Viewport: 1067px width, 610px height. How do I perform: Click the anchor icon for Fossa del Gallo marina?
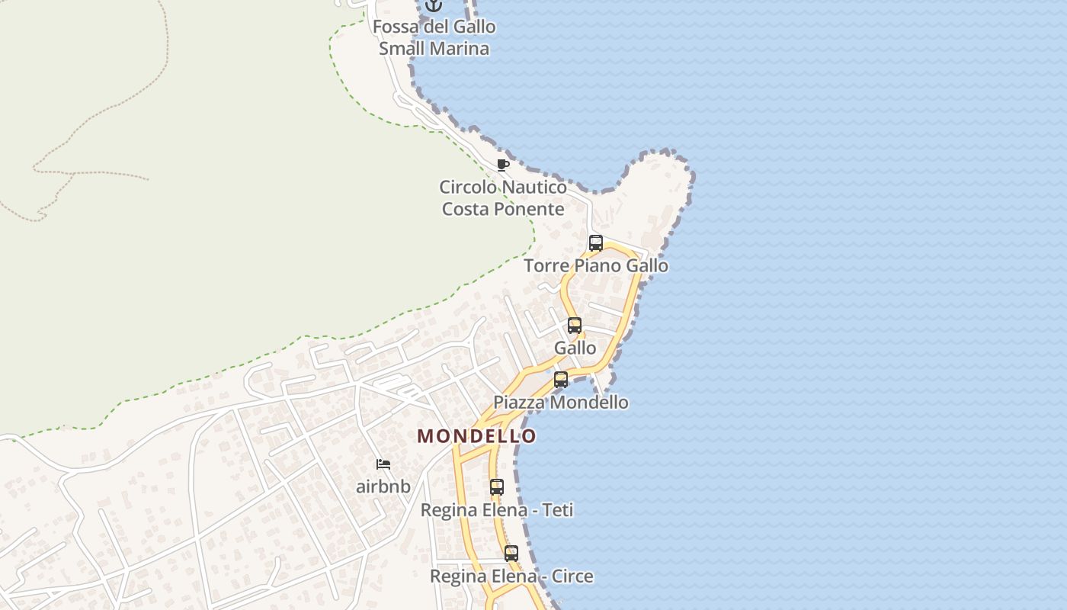tap(434, 5)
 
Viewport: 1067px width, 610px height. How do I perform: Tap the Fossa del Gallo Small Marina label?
tap(434, 37)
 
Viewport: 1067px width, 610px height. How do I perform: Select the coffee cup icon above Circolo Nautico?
tap(502, 165)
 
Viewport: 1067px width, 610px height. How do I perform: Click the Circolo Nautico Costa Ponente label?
tap(503, 197)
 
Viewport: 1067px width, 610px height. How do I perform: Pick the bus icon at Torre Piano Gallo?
tap(596, 243)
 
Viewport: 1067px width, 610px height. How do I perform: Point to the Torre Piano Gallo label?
tap(596, 265)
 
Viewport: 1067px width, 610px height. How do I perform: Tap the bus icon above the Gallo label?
tap(575, 326)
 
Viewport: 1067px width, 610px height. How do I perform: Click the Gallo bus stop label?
tap(575, 348)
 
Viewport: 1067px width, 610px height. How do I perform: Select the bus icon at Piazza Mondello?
tap(561, 379)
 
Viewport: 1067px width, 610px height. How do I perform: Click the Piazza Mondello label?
tap(561, 402)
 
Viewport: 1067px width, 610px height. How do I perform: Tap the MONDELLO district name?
tap(476, 436)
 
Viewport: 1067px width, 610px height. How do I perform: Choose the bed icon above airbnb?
tap(383, 464)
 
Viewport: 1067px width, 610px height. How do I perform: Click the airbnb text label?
tap(383, 486)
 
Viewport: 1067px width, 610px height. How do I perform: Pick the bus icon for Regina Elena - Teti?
tap(497, 486)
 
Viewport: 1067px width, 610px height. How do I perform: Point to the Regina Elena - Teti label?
tap(497, 509)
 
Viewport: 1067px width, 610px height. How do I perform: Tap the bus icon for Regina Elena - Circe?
tap(511, 554)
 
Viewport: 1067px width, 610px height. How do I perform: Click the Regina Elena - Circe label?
tap(511, 576)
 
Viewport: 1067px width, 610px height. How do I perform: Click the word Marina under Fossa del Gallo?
tap(460, 49)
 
